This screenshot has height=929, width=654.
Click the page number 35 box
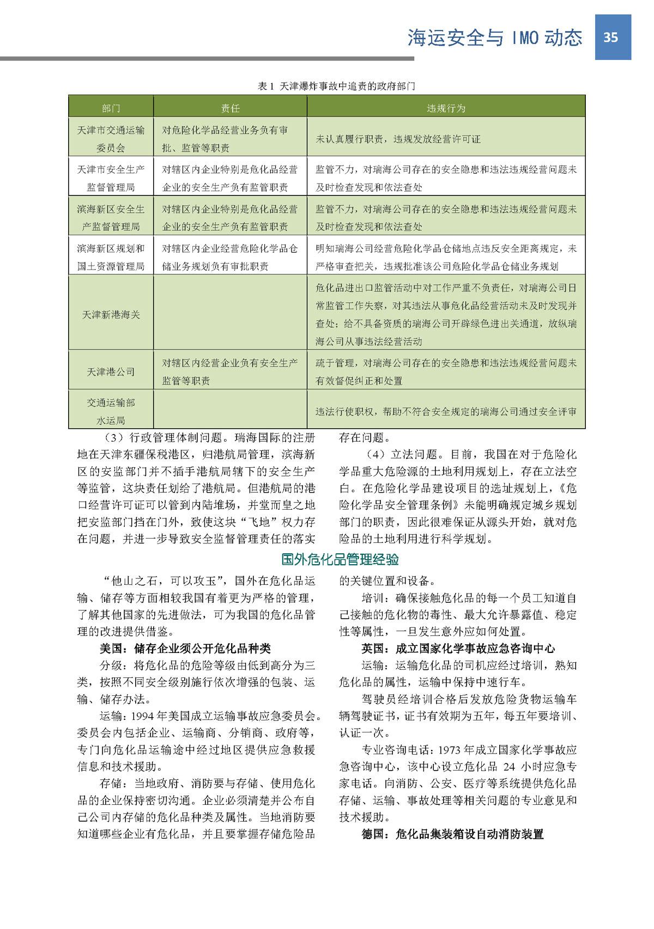point(612,37)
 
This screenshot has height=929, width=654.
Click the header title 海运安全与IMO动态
point(494,38)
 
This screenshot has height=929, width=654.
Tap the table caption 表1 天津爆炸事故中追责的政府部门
point(336,86)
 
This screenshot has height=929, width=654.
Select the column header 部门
point(111,108)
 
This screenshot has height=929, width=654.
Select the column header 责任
point(230,108)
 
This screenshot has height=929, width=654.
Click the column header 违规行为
point(445,108)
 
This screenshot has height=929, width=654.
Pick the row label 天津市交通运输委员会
point(111,139)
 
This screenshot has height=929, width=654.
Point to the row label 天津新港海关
point(111,315)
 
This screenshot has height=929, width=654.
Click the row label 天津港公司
point(111,372)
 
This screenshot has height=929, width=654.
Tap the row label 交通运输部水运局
point(111,411)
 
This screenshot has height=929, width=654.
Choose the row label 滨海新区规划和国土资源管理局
point(111,257)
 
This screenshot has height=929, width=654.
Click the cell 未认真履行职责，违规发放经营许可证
point(398,139)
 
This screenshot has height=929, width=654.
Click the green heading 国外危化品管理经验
point(340,559)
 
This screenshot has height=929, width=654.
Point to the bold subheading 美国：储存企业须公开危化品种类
point(185,649)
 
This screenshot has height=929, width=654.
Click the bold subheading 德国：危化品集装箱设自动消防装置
point(452,834)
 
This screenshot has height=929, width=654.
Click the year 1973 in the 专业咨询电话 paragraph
point(450,750)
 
